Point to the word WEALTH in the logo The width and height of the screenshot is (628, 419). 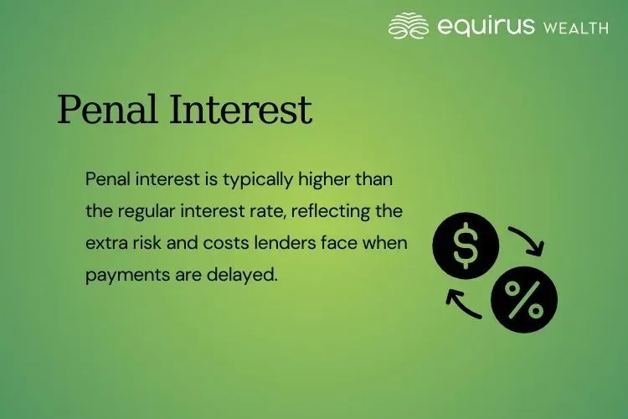[576, 27]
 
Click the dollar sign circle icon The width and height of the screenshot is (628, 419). [466, 244]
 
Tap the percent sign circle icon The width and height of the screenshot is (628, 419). [524, 299]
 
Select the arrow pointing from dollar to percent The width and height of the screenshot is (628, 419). [528, 240]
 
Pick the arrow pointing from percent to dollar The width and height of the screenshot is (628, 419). [462, 303]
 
